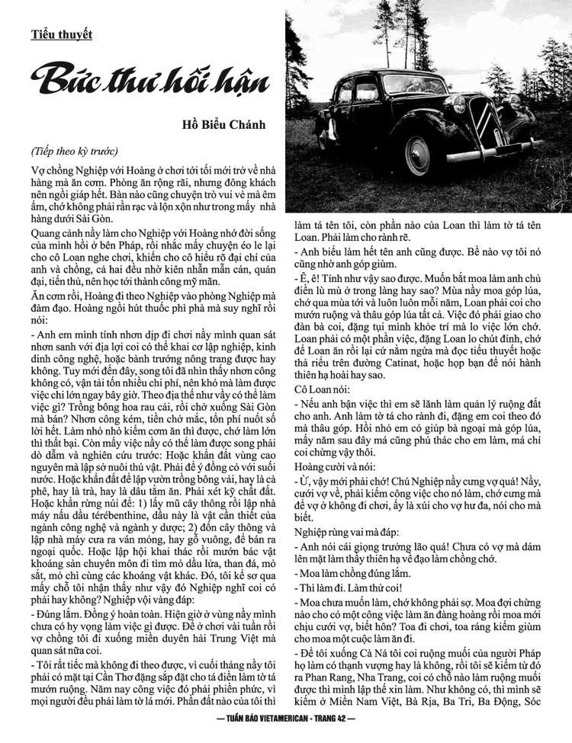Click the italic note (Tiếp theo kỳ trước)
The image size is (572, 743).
[x=75, y=149]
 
